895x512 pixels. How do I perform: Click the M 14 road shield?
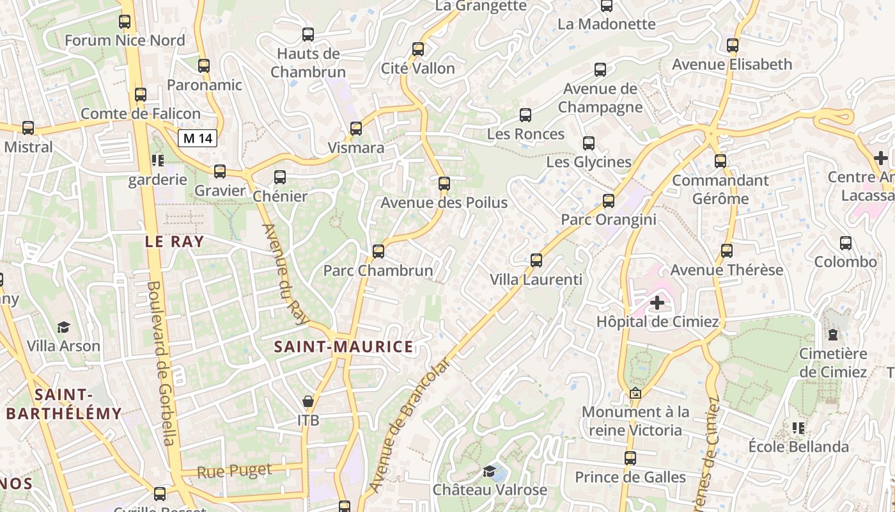click(x=198, y=138)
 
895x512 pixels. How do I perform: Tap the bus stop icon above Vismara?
click(x=356, y=129)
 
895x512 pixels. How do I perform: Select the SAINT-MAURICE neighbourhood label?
click(x=343, y=347)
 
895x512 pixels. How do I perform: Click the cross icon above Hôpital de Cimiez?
click(x=657, y=303)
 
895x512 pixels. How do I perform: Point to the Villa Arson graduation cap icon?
click(x=63, y=327)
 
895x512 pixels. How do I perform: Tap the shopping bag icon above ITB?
click(x=308, y=401)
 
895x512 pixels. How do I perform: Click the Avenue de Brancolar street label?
click(x=409, y=426)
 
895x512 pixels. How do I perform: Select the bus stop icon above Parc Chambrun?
click(x=378, y=251)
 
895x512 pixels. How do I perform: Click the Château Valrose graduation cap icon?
click(x=490, y=472)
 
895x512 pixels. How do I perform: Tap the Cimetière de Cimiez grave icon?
click(x=832, y=334)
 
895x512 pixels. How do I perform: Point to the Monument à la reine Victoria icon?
click(x=635, y=393)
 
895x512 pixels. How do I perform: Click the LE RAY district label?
click(x=174, y=242)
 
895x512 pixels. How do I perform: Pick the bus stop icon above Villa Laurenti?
click(x=536, y=260)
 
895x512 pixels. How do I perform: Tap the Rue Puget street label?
click(x=234, y=471)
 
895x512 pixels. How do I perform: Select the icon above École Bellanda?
click(x=798, y=428)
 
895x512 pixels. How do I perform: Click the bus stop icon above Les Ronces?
click(x=525, y=115)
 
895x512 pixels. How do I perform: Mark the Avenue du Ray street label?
click(x=285, y=274)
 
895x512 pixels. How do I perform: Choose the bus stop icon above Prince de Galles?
click(x=630, y=458)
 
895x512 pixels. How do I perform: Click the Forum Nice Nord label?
click(x=125, y=40)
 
